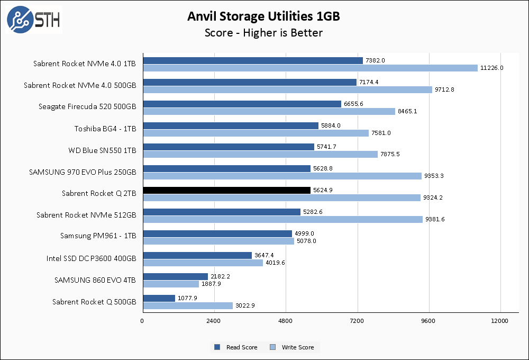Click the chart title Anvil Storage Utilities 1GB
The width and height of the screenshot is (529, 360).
263,16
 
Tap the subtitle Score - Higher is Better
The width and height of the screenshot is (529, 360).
263,33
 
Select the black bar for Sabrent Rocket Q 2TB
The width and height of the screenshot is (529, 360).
226,190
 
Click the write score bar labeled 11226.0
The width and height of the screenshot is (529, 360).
309,68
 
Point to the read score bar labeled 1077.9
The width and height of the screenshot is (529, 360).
159,299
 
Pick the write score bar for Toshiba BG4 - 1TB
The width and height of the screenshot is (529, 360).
256,133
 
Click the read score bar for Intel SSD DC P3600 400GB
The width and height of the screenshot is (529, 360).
197,255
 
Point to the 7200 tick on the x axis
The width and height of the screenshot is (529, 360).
357,321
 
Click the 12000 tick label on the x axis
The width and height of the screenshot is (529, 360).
500,321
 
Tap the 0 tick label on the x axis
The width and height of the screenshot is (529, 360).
142,321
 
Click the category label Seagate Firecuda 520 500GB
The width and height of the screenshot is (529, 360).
87,107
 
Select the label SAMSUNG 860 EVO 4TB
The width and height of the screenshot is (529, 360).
95,280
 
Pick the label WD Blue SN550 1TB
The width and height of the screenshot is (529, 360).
102,150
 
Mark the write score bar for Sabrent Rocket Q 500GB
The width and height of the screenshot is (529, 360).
187,305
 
